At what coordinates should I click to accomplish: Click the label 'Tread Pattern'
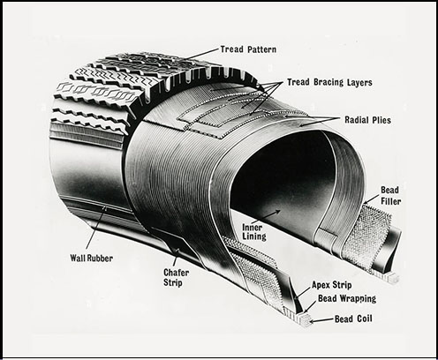coord(248,49)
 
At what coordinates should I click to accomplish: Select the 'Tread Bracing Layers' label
coord(329,82)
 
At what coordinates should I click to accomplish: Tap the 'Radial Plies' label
coord(367,120)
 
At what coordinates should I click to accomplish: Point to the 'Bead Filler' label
coord(391,196)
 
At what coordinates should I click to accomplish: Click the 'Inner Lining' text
coord(254,232)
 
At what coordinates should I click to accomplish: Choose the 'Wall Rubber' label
coord(92,259)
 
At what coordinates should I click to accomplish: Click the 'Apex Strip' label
coord(332,285)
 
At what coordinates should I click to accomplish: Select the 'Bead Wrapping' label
coord(347,299)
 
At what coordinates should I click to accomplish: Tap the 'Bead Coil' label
coord(353,319)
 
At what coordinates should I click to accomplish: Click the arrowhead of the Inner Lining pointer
coord(277,211)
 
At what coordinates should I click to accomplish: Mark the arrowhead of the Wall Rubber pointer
coord(103,209)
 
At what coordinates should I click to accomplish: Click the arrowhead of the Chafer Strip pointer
coord(177,251)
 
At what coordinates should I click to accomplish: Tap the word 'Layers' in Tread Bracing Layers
coord(359,82)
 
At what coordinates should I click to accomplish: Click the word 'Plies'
coord(381,120)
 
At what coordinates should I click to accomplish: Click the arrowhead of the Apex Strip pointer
coord(297,298)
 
